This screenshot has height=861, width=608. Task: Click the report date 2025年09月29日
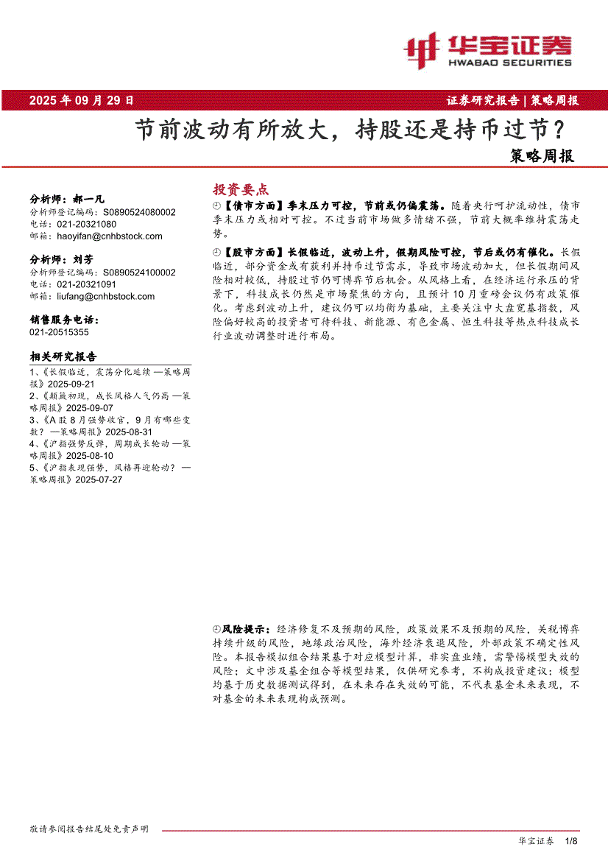coord(82,101)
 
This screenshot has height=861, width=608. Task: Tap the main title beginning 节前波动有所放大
coord(350,130)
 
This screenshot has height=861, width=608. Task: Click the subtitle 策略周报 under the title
coord(542,156)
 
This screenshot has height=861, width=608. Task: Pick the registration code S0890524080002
coord(139,212)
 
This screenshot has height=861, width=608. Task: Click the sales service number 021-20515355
coord(60,332)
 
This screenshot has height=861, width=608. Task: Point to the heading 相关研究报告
coord(63,356)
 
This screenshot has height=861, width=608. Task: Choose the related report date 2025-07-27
coord(98,479)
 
